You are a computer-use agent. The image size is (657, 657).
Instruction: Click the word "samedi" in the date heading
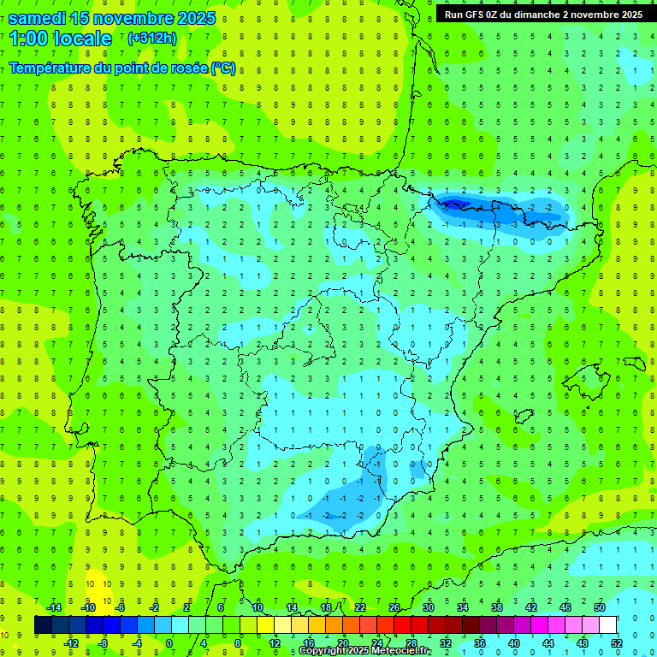point(38,18)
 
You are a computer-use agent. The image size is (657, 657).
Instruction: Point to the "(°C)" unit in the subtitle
point(223,68)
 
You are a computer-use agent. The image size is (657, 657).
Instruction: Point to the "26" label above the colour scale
point(394,607)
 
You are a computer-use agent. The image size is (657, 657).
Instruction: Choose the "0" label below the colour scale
point(170,642)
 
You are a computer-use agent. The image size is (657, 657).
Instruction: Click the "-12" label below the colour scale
point(71,642)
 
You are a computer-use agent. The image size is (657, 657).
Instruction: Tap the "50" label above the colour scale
point(599,607)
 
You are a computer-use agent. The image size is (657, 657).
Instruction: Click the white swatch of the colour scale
point(607,625)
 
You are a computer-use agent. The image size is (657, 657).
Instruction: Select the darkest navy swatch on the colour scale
point(43,625)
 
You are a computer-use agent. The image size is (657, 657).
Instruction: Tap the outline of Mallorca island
point(589,376)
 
